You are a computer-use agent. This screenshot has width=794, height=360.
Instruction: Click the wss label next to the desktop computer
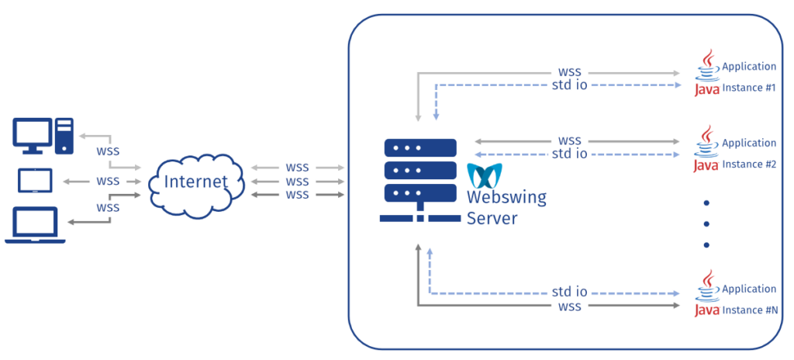(x=108, y=151)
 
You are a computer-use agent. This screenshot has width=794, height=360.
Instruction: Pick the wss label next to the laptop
(x=108, y=208)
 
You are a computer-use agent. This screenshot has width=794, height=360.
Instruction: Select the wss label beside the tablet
(x=108, y=181)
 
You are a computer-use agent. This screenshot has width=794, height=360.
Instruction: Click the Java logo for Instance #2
(x=706, y=147)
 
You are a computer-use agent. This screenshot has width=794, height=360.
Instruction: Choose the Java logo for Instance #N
(x=706, y=293)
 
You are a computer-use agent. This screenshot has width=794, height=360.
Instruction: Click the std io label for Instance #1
(x=570, y=86)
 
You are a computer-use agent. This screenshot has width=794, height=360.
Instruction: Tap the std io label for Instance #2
(x=570, y=154)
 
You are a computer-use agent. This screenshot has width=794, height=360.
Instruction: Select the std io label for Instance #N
(x=570, y=292)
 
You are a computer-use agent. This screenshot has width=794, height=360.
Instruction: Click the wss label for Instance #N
(x=570, y=308)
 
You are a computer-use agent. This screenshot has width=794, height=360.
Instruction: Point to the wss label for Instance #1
(x=570, y=71)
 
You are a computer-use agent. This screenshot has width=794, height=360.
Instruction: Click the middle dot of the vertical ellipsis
(x=707, y=223)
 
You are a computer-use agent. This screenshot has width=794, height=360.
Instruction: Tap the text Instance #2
(x=749, y=164)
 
